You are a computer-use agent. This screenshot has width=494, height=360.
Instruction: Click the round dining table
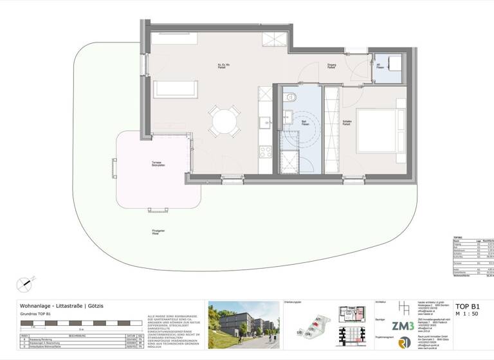point(224,120)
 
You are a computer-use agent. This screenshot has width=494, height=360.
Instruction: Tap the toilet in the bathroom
point(291,98)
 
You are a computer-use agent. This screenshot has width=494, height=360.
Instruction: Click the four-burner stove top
point(265,152)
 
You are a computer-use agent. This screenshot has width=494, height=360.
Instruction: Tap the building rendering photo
point(243,324)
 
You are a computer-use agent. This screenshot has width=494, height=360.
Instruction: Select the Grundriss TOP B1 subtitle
point(39,315)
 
